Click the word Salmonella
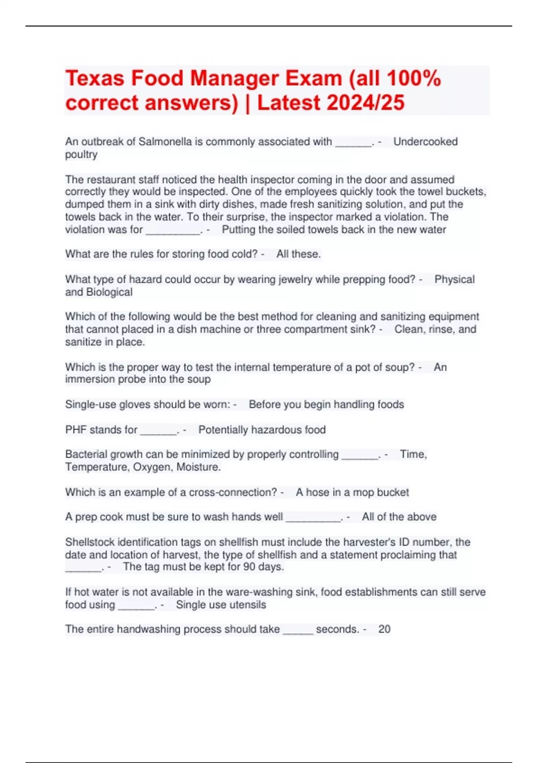tap(165, 142)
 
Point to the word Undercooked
tap(425, 142)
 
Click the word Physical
tap(454, 280)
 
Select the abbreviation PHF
tap(76, 430)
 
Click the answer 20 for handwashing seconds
tap(384, 629)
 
